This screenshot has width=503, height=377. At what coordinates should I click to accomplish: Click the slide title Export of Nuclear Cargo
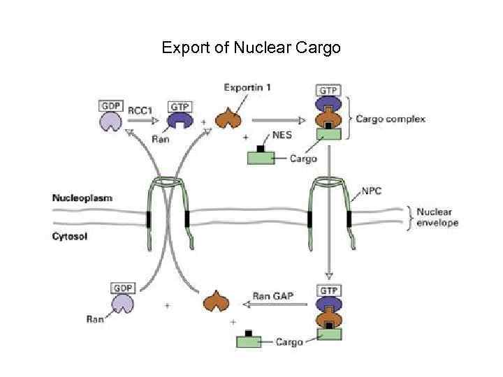(x=251, y=48)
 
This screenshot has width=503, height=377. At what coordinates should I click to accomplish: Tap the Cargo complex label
(x=390, y=119)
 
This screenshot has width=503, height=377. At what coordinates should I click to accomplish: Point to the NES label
(x=282, y=135)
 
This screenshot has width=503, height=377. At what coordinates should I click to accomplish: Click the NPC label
(x=372, y=190)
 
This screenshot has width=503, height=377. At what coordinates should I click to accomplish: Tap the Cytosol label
(x=69, y=236)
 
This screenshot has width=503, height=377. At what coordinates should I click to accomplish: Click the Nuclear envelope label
(x=437, y=217)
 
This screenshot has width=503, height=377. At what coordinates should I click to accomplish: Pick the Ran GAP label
(x=272, y=295)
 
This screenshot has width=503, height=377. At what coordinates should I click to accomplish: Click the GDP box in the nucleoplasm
(x=111, y=106)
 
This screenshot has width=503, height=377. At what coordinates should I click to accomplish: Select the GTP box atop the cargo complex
(x=328, y=91)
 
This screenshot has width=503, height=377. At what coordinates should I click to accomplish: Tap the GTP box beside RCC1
(x=180, y=107)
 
